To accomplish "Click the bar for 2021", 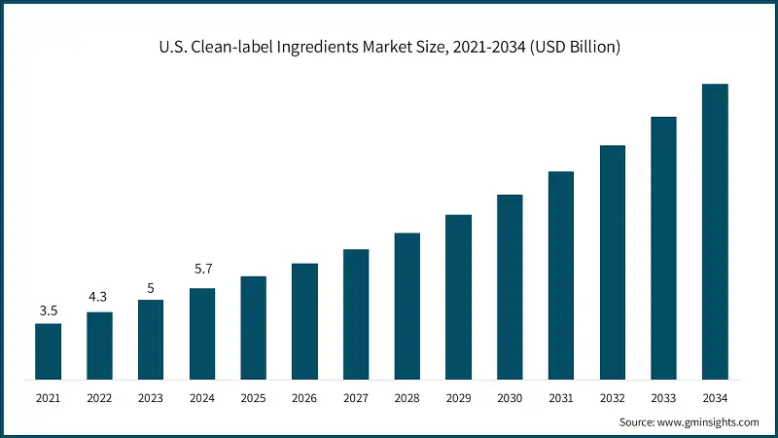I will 48,350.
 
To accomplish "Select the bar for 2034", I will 715,232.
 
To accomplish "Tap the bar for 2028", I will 407,306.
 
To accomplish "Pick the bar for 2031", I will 561,275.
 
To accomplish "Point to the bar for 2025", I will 253,327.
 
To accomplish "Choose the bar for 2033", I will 663,247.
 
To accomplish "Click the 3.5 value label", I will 48,310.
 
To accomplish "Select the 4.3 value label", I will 99,299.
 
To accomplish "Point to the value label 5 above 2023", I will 151,287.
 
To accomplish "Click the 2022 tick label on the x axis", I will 99,398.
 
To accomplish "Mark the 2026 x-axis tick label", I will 304,398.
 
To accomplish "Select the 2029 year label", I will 458,398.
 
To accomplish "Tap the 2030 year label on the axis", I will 510,398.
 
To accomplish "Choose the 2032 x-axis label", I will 612,398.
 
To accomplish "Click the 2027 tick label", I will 356,398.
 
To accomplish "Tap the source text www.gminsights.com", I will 709,422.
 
